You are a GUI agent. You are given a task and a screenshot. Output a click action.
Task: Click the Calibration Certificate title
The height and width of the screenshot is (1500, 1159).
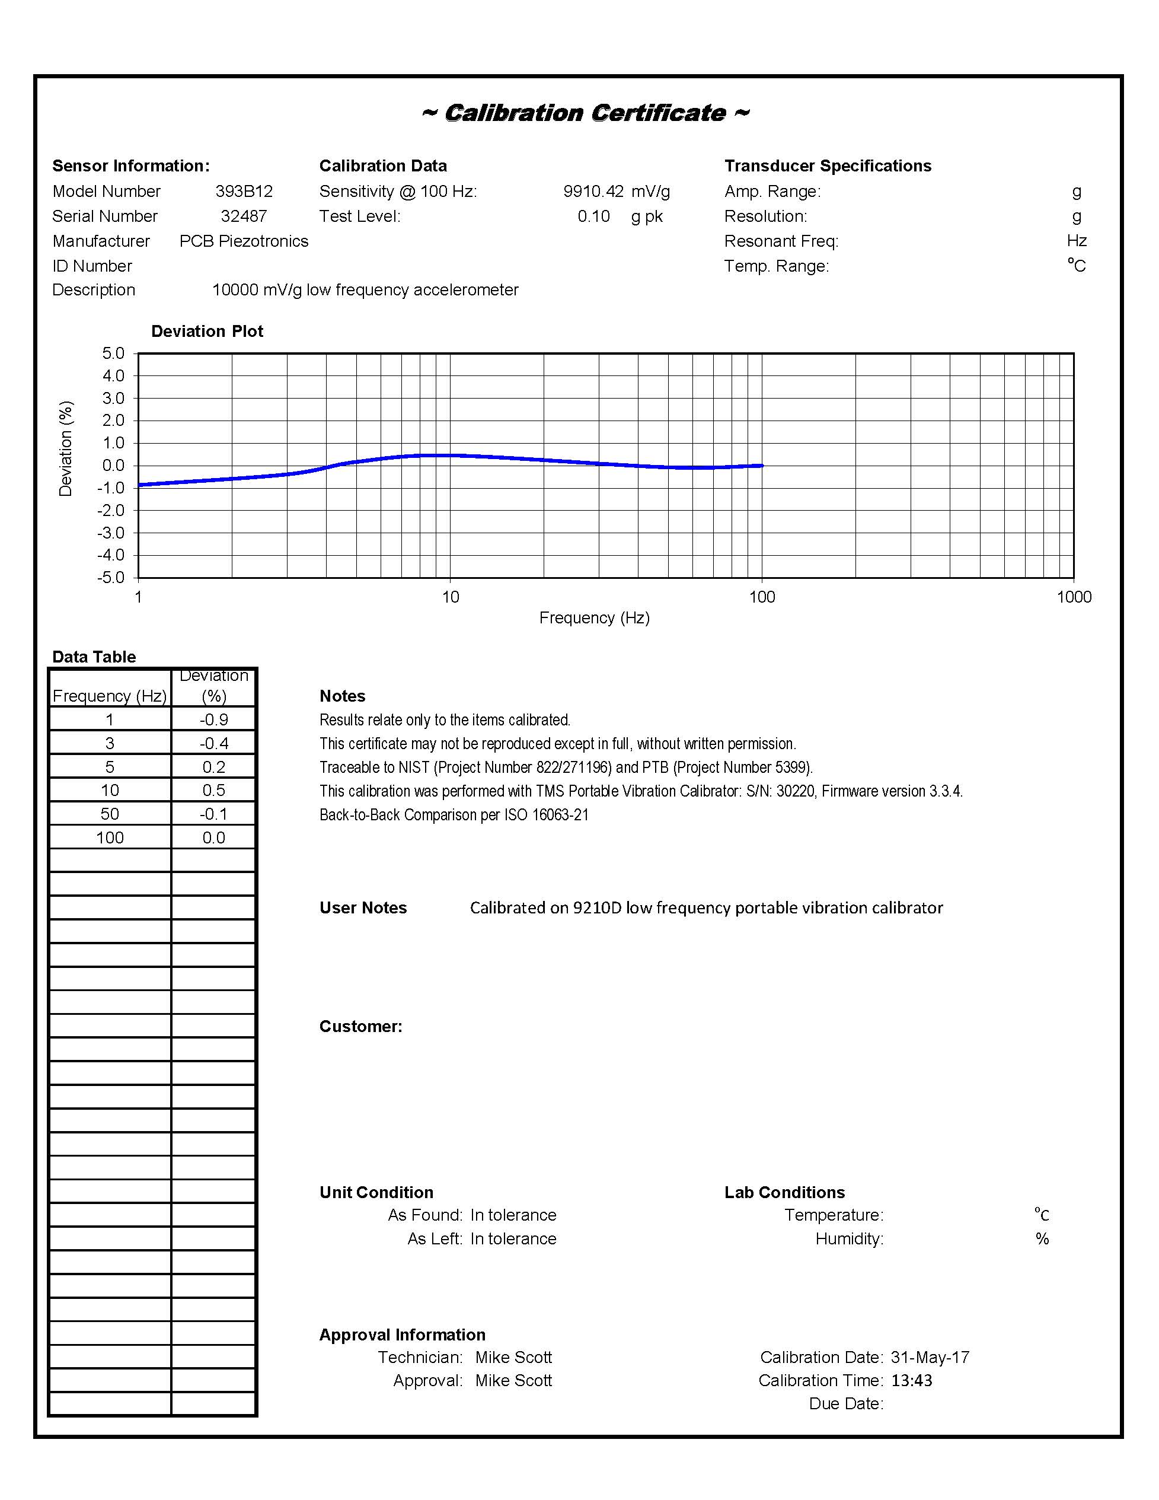tap(586, 113)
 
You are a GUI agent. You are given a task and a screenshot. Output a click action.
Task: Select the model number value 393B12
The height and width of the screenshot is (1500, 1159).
tap(244, 191)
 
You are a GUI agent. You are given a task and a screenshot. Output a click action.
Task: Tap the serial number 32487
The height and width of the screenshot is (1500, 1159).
tap(244, 216)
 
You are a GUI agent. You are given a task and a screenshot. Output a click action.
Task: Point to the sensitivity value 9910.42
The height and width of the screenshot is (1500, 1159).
tap(593, 191)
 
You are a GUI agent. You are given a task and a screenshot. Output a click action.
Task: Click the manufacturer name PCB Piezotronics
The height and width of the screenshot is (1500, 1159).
tap(244, 241)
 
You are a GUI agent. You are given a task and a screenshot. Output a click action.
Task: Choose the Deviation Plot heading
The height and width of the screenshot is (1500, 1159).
tap(207, 331)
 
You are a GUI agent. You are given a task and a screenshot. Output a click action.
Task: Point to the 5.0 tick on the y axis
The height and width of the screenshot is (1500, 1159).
tap(113, 353)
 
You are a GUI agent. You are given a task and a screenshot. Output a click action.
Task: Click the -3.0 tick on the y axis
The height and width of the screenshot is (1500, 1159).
tap(111, 533)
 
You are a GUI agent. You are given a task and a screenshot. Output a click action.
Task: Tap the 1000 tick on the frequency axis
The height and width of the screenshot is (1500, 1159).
tap(1074, 597)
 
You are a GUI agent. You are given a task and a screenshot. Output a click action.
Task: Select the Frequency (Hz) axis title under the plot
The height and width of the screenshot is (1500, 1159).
tap(594, 617)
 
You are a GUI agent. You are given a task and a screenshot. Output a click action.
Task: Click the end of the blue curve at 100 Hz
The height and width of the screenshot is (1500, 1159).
tap(761, 466)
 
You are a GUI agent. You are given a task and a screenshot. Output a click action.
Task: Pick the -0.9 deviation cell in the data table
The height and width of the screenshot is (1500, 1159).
tap(213, 720)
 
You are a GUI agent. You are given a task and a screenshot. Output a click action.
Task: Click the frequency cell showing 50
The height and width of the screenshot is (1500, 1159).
tap(110, 814)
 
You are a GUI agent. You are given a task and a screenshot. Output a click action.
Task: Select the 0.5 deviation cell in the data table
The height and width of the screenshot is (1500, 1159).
tap(213, 791)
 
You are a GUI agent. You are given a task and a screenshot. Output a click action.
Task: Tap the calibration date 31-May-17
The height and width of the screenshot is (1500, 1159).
tap(930, 1357)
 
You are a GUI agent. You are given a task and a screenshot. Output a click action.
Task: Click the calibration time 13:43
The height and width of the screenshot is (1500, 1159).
tap(912, 1381)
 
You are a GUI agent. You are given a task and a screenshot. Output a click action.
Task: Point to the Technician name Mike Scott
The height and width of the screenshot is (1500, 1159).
tap(513, 1357)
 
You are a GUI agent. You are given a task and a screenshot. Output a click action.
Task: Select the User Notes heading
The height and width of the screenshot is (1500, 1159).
tap(363, 908)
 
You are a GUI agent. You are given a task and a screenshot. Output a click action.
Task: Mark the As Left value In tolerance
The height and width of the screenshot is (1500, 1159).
tap(513, 1238)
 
